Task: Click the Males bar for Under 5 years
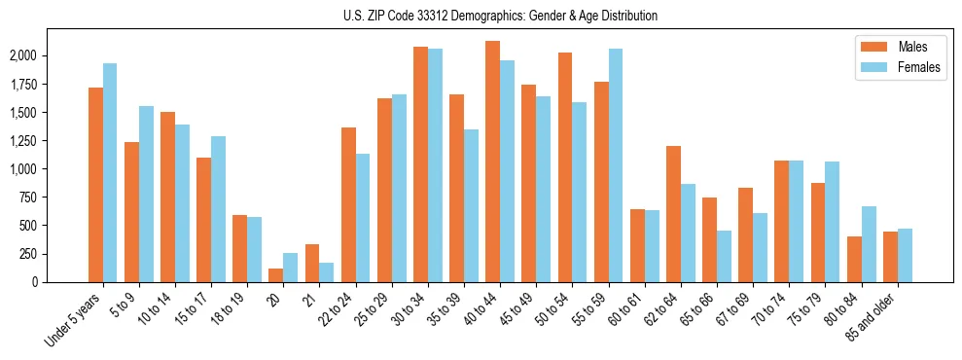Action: click(95, 185)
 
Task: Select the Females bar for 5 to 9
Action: click(146, 194)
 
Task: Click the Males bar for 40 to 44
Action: click(493, 162)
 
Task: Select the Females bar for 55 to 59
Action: click(616, 165)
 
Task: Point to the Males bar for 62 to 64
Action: click(673, 214)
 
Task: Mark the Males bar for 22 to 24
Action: click(348, 204)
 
